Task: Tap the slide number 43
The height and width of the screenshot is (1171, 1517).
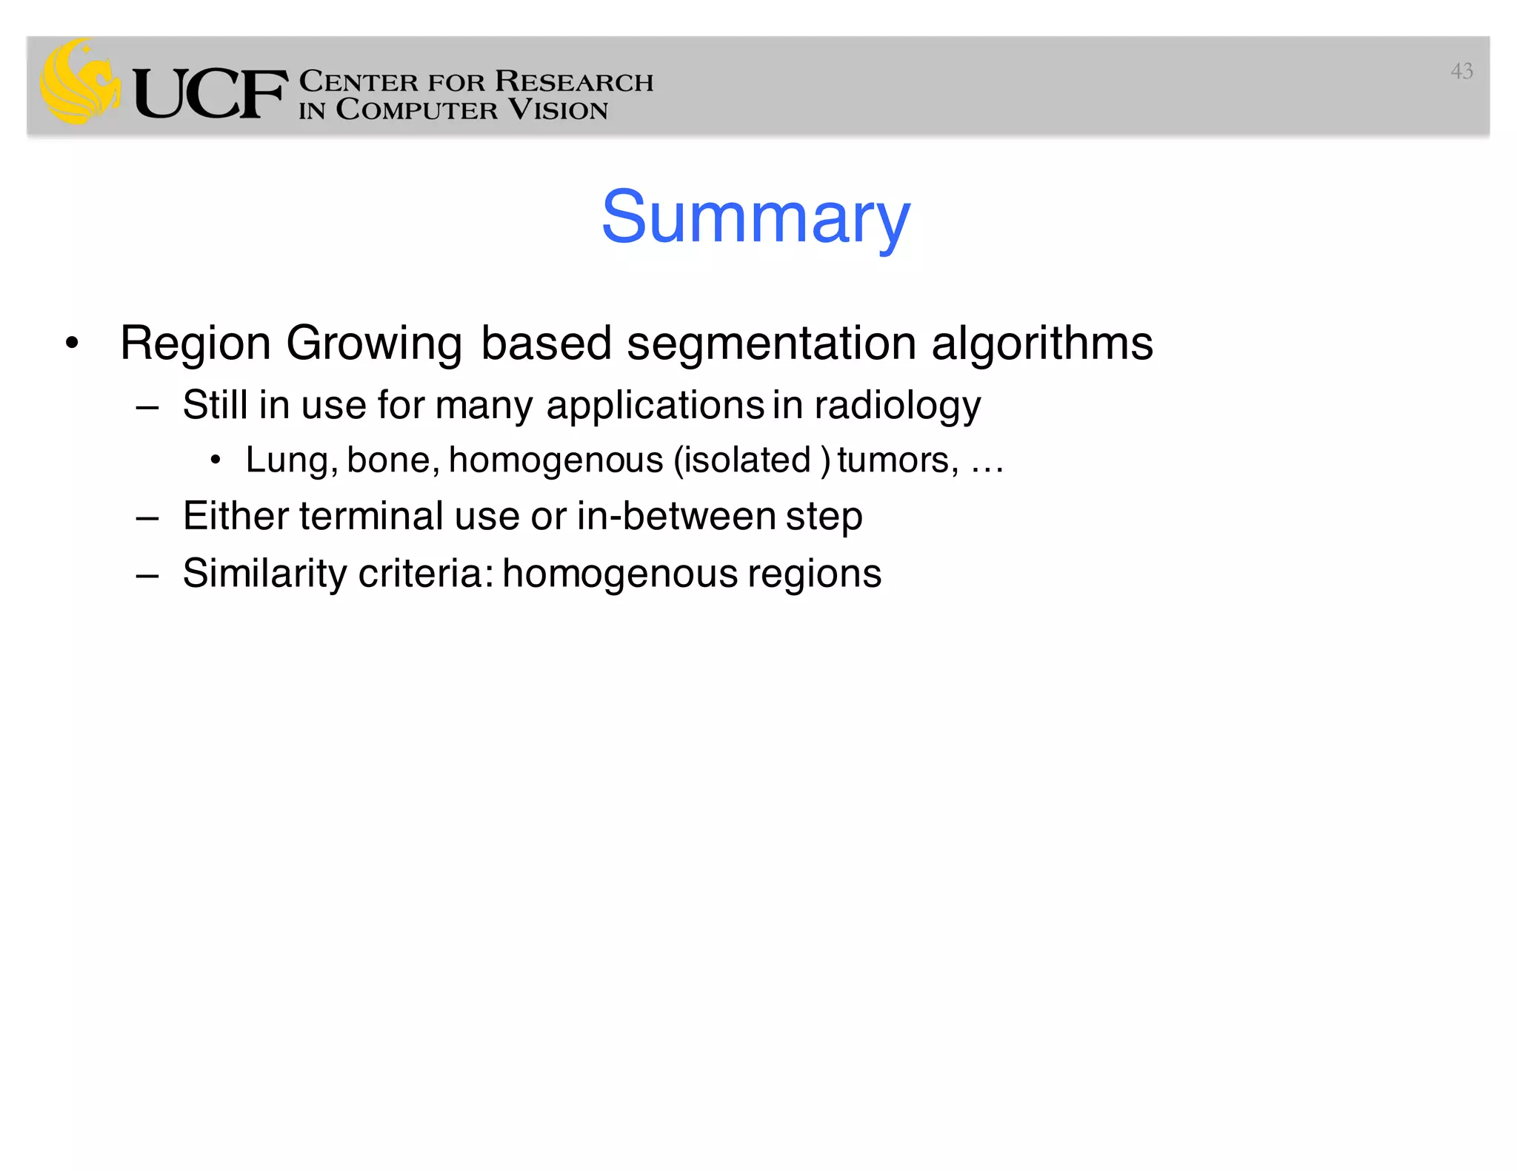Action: click(1461, 71)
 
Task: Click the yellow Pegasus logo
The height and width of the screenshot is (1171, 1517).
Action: click(80, 81)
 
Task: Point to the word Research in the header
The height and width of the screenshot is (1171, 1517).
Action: click(574, 81)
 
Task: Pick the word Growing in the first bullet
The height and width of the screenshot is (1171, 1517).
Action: click(374, 344)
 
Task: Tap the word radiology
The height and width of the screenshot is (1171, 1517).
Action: click(897, 406)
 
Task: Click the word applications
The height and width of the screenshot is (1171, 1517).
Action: click(655, 406)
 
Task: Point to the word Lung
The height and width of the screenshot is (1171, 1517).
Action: click(291, 460)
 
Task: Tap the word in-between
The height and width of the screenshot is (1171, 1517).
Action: click(676, 516)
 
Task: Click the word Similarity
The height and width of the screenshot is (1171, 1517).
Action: click(264, 574)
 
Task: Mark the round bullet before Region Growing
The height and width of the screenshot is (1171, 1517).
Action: click(71, 343)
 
